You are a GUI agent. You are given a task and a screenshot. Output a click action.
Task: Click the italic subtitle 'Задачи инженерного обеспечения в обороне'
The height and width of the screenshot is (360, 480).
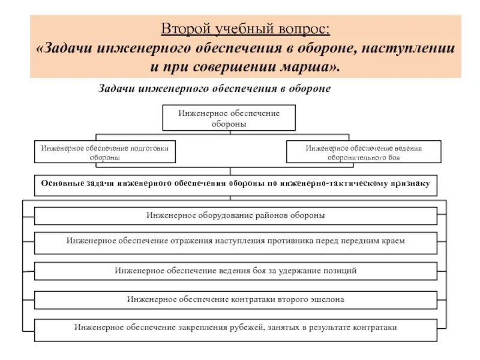pos(214,88)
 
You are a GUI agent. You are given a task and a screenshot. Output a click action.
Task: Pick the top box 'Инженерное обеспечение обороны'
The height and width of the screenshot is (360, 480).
pos(229,118)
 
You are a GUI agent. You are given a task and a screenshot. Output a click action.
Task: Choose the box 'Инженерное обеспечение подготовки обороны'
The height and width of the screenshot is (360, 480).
pos(105,152)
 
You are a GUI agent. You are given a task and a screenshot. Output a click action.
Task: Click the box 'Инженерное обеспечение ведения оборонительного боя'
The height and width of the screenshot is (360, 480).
pos(364,152)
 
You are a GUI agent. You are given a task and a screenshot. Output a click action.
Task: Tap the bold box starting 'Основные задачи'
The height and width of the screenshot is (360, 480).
pos(235,184)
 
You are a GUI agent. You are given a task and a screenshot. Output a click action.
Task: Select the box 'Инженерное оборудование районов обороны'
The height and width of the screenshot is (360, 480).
pos(235,215)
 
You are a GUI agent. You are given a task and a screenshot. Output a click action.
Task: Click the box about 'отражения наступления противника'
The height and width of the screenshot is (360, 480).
pos(235,241)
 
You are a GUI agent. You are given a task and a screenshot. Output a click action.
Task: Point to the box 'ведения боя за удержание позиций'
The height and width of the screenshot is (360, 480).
pos(235,271)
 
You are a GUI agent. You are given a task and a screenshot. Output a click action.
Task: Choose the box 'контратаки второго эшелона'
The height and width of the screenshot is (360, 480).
pos(235,299)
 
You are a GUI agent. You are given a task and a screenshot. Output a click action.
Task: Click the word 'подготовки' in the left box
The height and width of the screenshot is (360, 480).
pos(149,148)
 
